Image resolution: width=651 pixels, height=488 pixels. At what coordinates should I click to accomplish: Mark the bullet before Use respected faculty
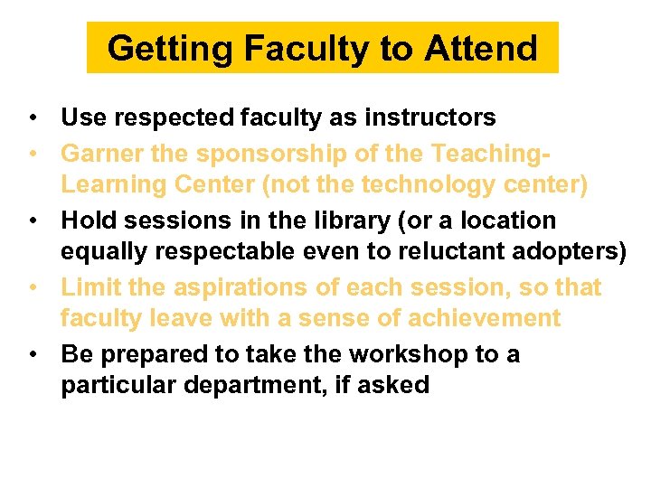click(32, 118)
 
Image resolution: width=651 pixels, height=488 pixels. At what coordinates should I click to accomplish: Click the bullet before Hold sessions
click(32, 221)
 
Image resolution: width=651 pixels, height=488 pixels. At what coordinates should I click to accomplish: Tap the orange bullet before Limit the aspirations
click(32, 287)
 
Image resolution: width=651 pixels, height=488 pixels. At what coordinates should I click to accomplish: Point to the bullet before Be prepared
click(32, 354)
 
